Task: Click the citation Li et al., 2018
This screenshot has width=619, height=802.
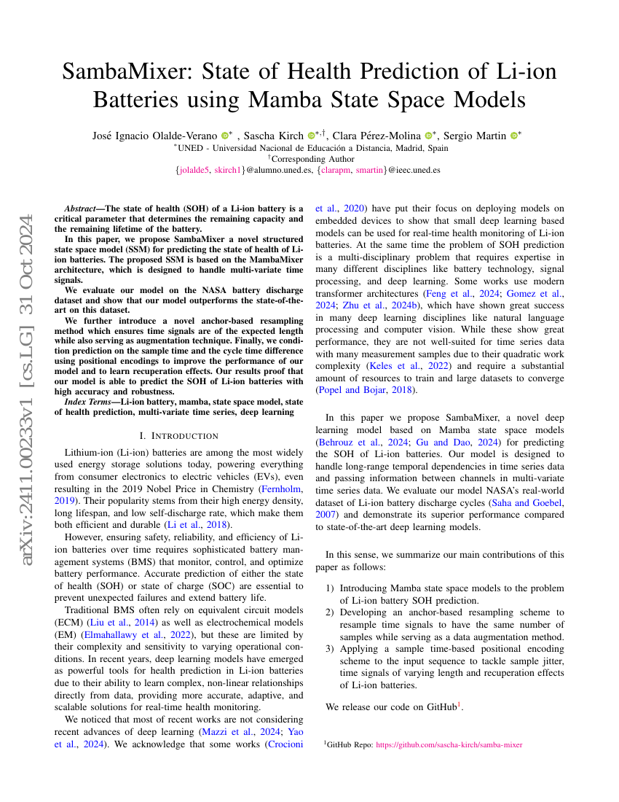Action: [210, 525]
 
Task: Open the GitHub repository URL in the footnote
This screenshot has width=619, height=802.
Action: [449, 744]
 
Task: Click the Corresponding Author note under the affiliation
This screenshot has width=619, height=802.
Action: [311, 158]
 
